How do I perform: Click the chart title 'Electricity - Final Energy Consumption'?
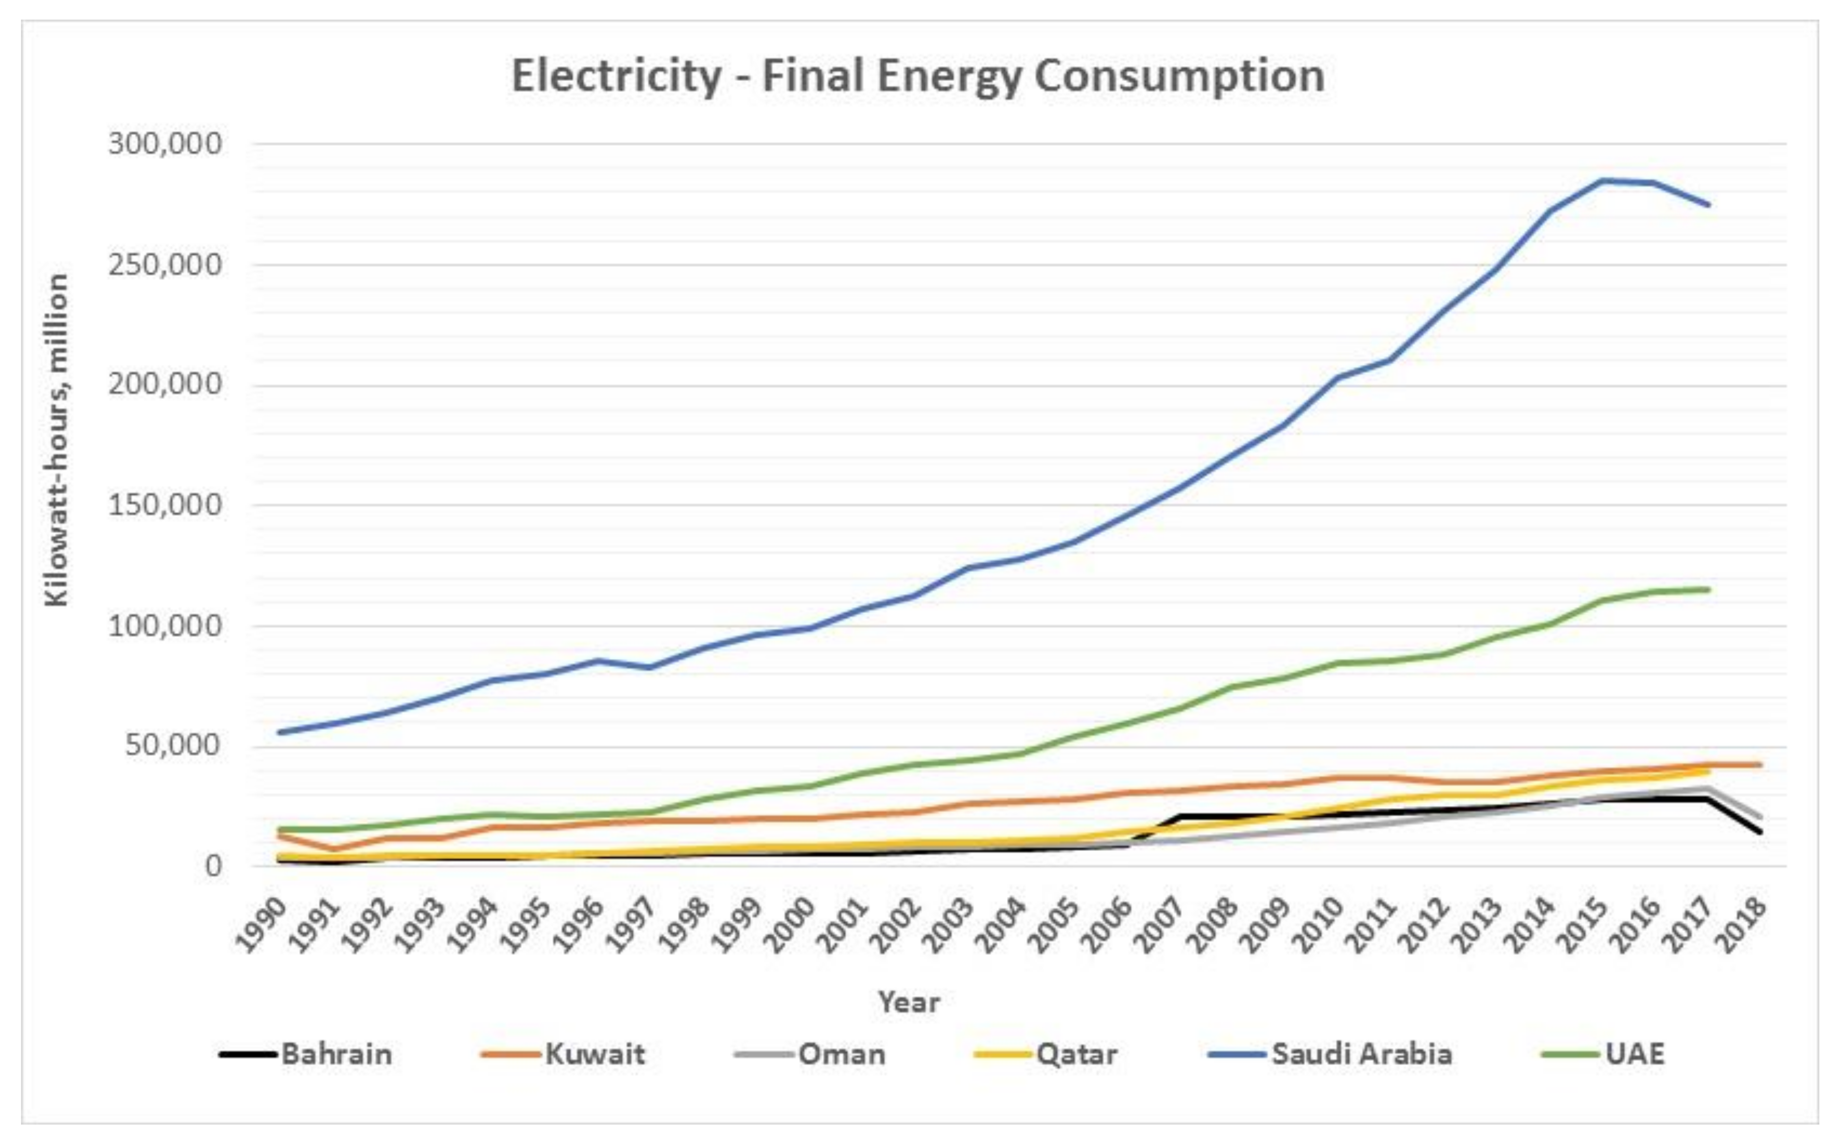point(918,77)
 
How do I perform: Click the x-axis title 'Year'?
point(909,1003)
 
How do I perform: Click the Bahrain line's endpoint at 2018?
point(1760,832)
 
